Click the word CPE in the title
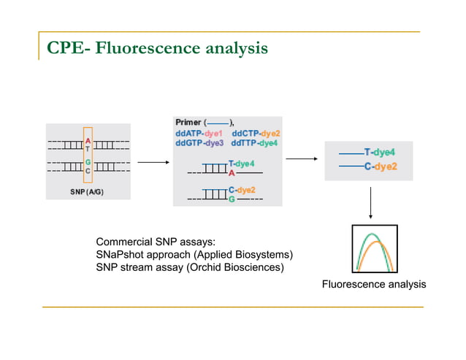(x=67, y=49)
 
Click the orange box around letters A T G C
(x=88, y=156)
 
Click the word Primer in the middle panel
(x=188, y=123)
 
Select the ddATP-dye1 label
(x=199, y=134)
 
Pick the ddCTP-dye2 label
(x=256, y=134)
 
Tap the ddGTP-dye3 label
(x=199, y=143)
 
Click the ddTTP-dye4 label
(x=255, y=143)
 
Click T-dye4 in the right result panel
(x=380, y=152)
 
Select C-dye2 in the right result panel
(x=380, y=166)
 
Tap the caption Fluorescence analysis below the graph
(x=373, y=284)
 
